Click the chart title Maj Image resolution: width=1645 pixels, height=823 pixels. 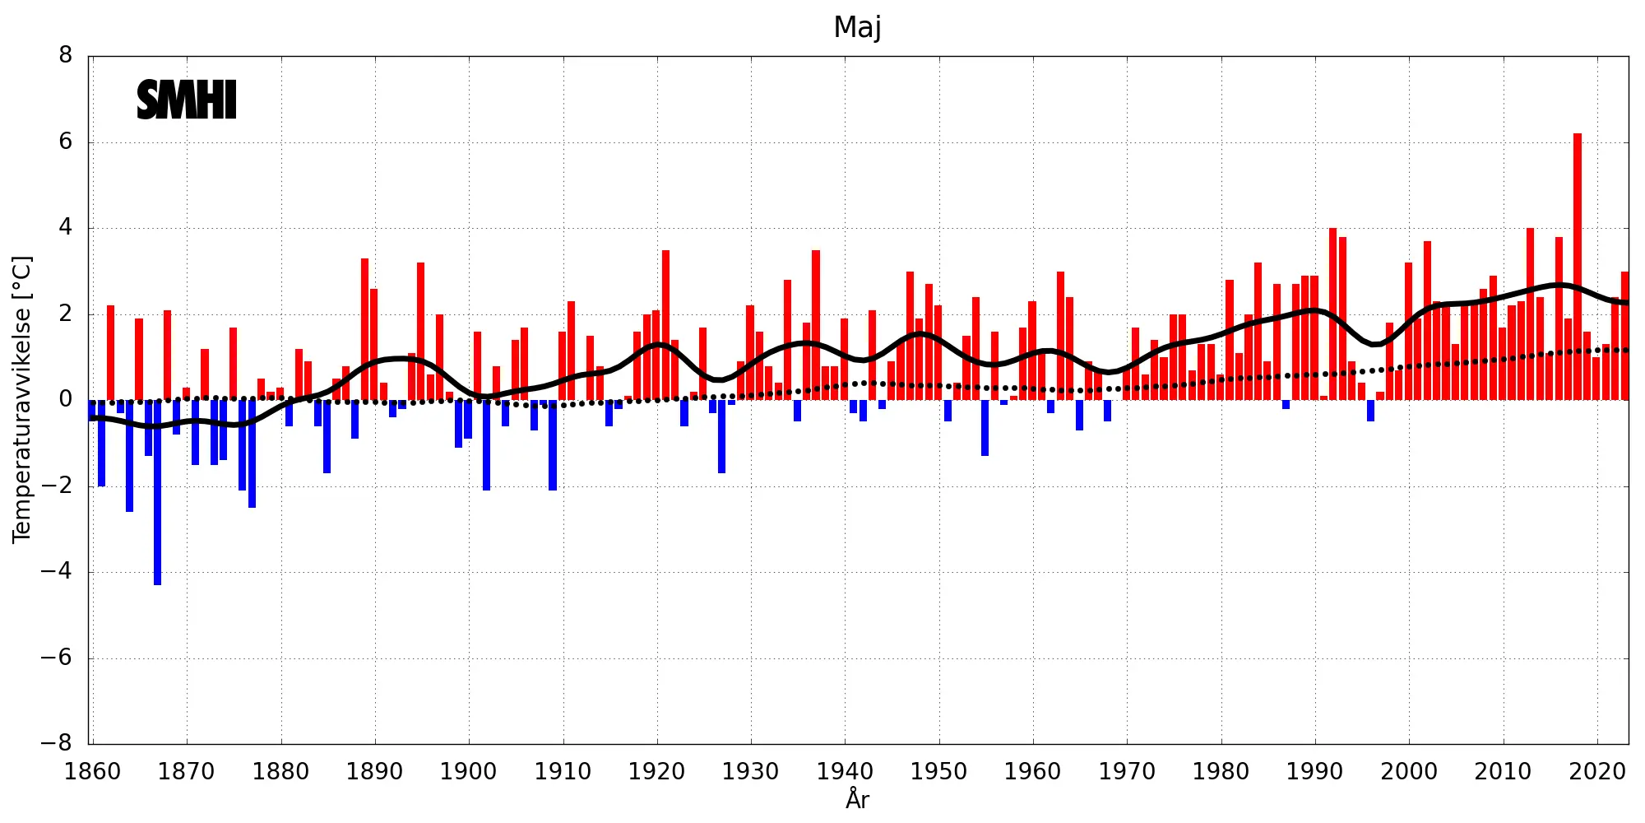[x=857, y=27]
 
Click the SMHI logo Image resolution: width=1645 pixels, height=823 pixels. [x=187, y=100]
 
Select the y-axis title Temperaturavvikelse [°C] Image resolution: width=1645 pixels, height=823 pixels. [x=22, y=399]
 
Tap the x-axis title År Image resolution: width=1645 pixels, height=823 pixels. [x=857, y=799]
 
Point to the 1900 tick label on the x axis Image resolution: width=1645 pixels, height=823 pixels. [x=468, y=772]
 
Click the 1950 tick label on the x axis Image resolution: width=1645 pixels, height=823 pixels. [x=938, y=772]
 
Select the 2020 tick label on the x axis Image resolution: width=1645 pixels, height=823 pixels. [x=1597, y=772]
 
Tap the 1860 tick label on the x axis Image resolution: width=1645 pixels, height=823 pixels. [x=92, y=772]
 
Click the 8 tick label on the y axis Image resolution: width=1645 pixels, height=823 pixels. [x=66, y=56]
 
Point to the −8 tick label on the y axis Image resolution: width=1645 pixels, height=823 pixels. [x=58, y=743]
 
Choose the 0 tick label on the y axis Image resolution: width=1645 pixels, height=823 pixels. [x=66, y=400]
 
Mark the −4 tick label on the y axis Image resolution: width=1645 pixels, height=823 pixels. [x=58, y=571]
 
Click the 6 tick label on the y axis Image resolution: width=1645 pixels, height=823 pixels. [x=66, y=142]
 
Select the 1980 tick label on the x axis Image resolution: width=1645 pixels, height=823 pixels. [x=1221, y=772]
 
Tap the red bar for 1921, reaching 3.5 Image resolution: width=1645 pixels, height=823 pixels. [x=665, y=325]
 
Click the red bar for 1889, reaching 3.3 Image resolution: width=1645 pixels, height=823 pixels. [x=364, y=329]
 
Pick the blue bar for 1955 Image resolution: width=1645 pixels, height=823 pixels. [x=985, y=428]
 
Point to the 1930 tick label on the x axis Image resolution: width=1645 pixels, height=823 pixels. [x=750, y=772]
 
